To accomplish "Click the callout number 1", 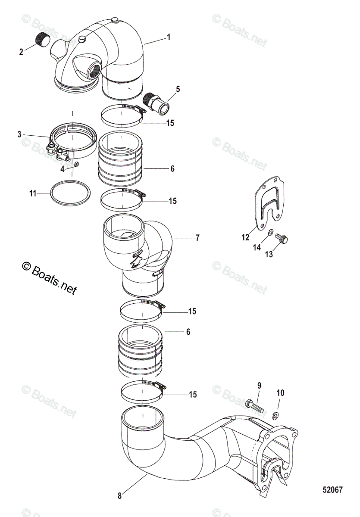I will (169, 37).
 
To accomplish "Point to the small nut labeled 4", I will (75, 164).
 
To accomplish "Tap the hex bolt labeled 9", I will (255, 406).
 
